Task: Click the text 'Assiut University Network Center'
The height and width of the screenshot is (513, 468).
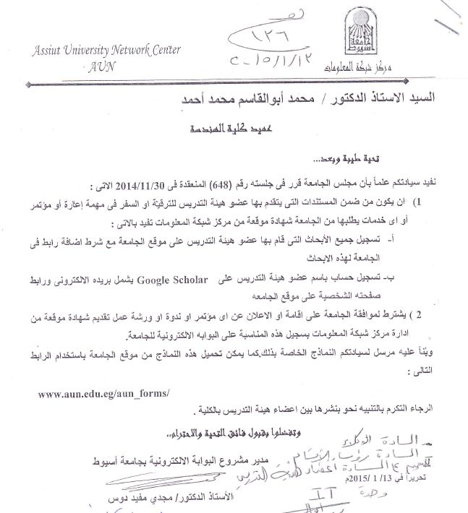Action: [x=106, y=50]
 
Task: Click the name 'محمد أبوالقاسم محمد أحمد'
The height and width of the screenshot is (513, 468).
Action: [x=251, y=100]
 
